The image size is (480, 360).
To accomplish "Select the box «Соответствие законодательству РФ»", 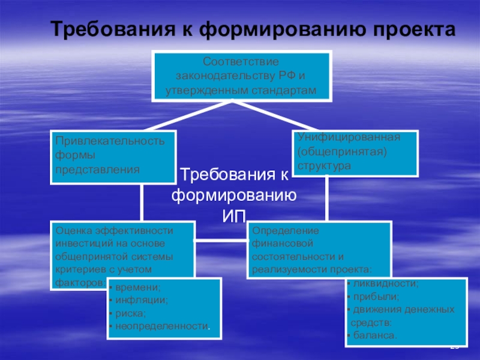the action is [x=241, y=77].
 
